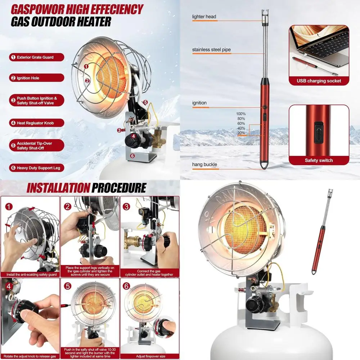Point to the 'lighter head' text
[204, 17]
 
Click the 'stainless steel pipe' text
[211, 50]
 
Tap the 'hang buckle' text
[204, 165]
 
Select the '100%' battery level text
[241, 114]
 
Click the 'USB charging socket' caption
[319, 81]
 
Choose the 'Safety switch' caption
[319, 161]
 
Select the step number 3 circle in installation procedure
[126, 207]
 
